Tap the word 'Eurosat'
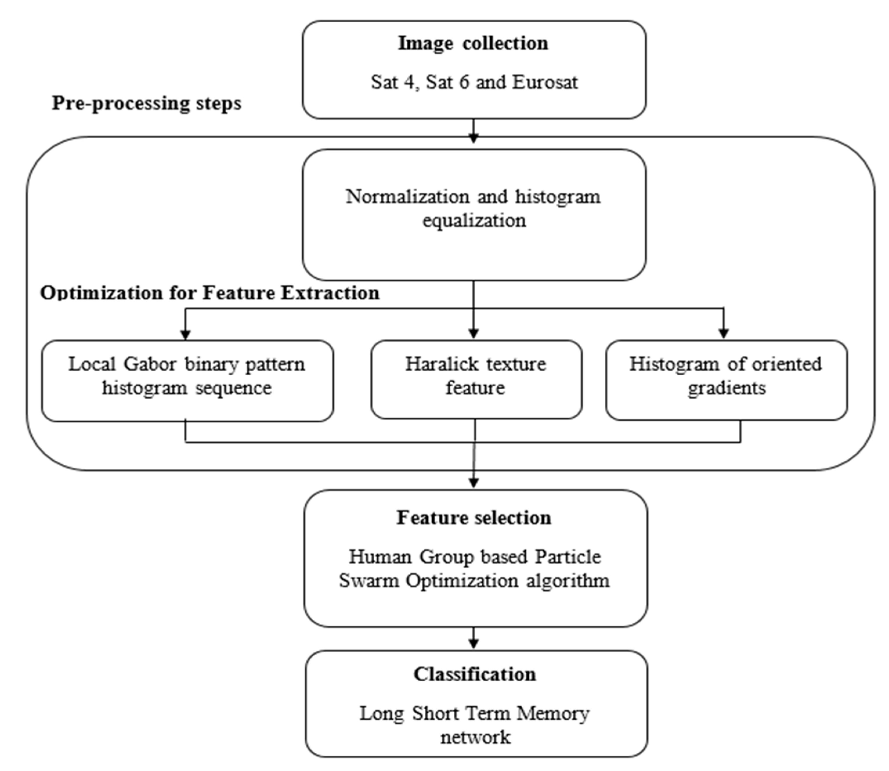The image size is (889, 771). click(545, 82)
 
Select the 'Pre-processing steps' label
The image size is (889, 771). click(147, 104)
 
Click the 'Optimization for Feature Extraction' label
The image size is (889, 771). click(210, 293)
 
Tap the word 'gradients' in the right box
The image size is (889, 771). click(727, 388)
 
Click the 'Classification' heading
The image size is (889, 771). click(475, 674)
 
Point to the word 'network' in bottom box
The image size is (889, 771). click(475, 737)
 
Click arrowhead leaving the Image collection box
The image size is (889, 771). click(473, 138)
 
